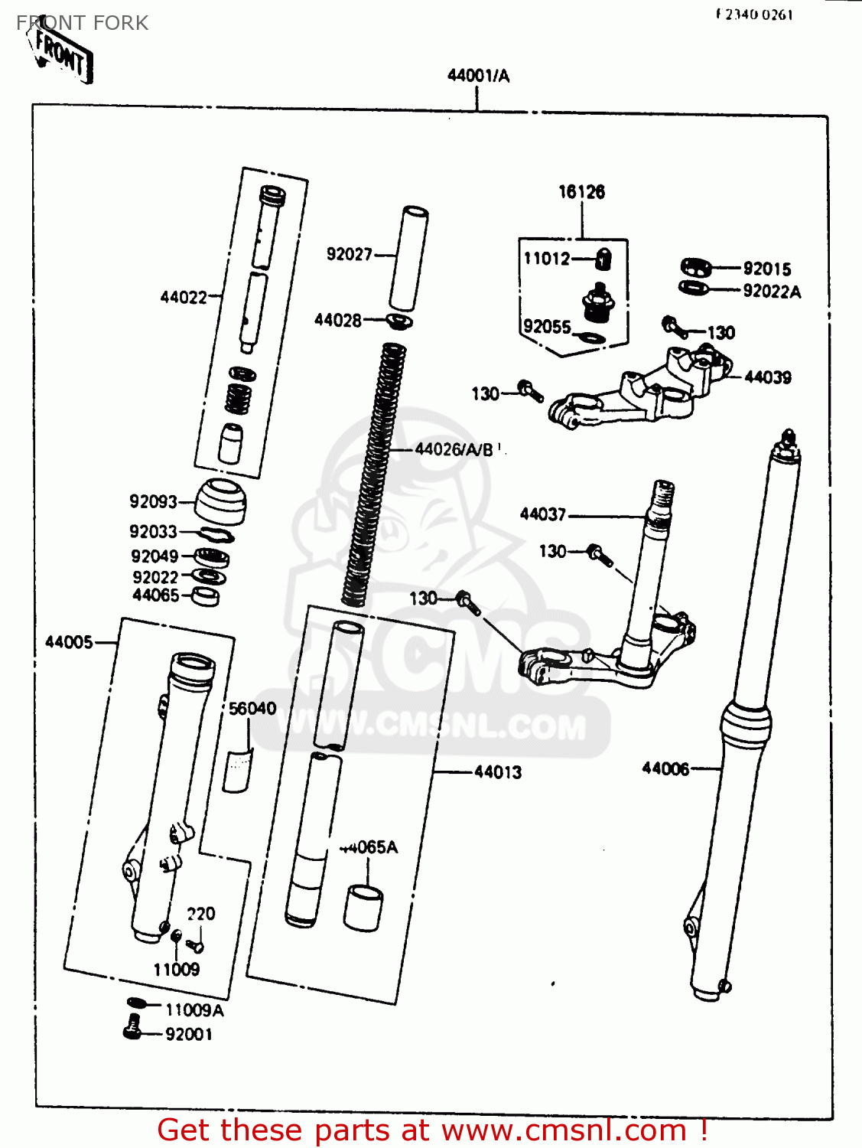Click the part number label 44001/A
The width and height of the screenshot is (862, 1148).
(478, 75)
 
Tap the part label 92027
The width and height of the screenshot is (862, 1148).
(349, 254)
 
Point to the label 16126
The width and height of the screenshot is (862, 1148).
(581, 192)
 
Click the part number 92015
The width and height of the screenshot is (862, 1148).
(766, 269)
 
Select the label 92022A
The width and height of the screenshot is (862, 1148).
(771, 292)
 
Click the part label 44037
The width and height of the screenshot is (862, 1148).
(542, 514)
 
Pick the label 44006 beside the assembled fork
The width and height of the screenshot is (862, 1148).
(665, 768)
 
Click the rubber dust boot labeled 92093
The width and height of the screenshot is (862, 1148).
(221, 501)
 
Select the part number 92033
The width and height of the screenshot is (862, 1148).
(153, 531)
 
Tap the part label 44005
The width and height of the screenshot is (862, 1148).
(69, 642)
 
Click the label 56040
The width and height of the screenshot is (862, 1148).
(252, 709)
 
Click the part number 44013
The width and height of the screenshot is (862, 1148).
(498, 772)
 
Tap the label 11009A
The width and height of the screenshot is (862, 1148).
(194, 1010)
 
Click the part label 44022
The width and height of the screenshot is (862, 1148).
(184, 297)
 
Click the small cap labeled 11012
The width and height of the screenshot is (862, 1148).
(603, 259)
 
